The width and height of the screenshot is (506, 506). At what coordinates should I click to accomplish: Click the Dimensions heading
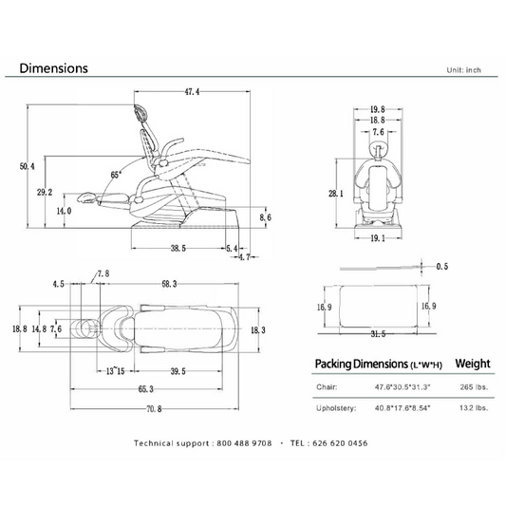(x=53, y=68)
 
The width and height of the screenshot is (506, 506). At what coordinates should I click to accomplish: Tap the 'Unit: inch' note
(x=463, y=70)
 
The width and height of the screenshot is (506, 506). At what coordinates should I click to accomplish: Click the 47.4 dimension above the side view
(x=192, y=92)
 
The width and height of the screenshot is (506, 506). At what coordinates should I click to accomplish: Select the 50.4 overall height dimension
(x=28, y=166)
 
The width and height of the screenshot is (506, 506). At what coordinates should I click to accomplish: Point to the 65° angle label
(x=116, y=175)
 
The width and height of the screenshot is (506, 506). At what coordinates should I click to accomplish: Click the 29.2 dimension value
(x=45, y=193)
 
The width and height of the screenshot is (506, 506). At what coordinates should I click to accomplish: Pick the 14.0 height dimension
(x=64, y=212)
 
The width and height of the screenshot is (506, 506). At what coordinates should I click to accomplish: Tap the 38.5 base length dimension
(x=178, y=248)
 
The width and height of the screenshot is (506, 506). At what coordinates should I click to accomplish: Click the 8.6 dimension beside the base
(x=265, y=217)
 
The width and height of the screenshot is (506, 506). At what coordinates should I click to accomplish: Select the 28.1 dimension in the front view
(x=336, y=194)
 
